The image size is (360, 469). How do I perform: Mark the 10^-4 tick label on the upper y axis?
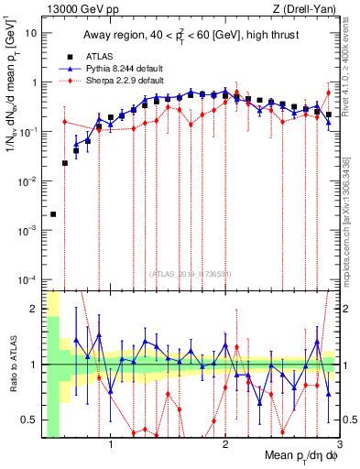tap(29, 278)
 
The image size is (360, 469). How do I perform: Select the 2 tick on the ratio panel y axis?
tap(35, 308)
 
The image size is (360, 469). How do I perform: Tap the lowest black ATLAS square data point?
tap(53, 214)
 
